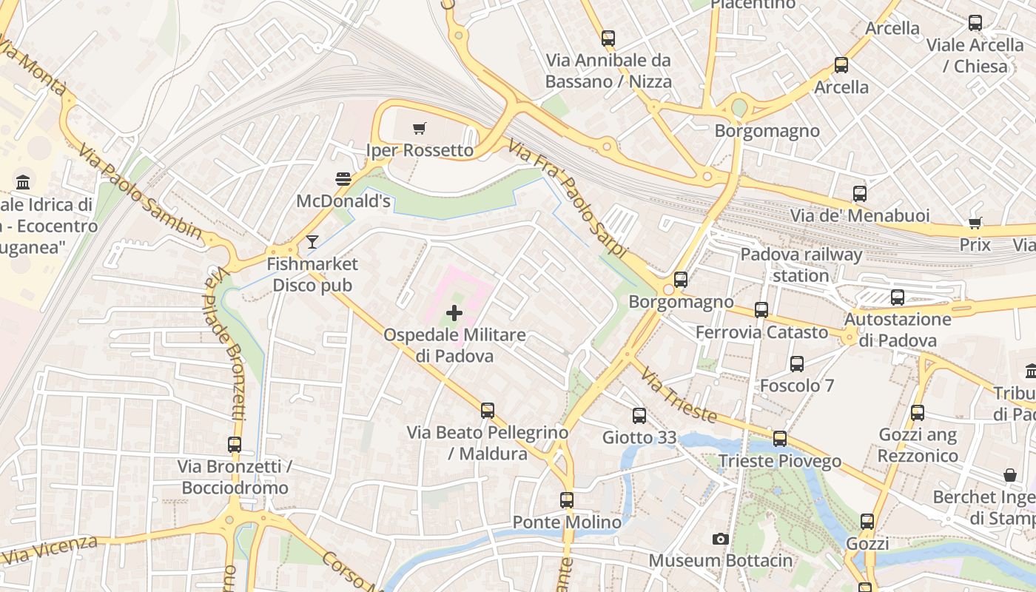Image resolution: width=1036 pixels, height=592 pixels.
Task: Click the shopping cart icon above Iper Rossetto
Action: pos(420,129)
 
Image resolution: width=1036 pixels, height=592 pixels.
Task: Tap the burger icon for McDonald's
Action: pos(343,179)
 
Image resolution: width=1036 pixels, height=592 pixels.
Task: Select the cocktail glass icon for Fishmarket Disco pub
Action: pos(312,242)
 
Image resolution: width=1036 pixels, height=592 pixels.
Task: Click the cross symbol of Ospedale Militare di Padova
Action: pos(454,314)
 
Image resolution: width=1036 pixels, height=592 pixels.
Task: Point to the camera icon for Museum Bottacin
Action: pos(720,539)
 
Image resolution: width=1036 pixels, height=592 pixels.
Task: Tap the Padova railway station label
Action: pos(801,265)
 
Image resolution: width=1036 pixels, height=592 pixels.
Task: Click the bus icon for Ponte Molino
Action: pos(567,500)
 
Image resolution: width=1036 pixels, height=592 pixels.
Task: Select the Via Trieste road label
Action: pos(679,394)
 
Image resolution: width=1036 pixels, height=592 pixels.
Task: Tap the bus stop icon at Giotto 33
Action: pos(639,416)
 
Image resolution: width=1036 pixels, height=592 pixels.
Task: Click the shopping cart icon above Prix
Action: pos(975,223)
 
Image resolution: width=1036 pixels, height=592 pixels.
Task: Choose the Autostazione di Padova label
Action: pos(898,330)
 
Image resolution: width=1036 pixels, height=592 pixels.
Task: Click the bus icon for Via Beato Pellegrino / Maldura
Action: pos(487,410)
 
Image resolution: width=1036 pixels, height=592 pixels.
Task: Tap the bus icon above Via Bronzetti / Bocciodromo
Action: pos(235,445)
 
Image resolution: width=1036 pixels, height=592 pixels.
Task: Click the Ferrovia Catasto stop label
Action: pos(761,332)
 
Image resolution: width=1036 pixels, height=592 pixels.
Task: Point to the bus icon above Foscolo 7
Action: pos(797,364)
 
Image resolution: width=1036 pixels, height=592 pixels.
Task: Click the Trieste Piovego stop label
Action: pos(779,461)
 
